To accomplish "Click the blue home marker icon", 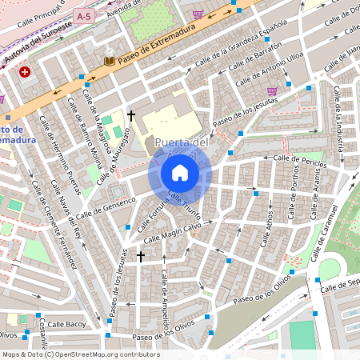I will point(180,173).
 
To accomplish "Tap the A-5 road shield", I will point(83,15).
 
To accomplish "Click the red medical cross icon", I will point(26,72).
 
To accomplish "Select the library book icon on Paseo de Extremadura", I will point(109,61).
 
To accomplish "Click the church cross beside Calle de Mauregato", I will point(131,115).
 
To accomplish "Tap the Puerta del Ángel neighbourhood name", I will point(182,143).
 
